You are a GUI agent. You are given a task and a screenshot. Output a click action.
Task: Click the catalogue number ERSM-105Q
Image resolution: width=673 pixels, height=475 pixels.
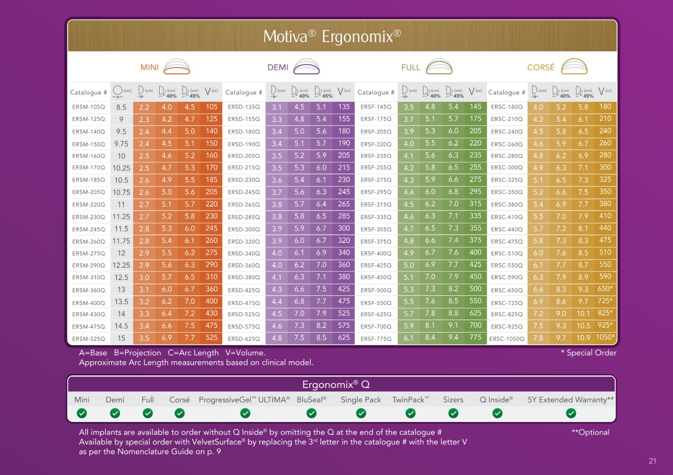pyautogui.click(x=89, y=107)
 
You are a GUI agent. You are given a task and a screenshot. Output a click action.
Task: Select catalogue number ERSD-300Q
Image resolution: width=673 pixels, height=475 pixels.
pyautogui.click(x=244, y=229)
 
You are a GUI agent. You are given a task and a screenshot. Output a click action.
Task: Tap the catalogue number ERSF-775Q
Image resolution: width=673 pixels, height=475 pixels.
pyautogui.click(x=376, y=339)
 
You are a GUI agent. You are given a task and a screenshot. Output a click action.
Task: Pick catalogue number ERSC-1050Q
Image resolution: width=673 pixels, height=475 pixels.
pyautogui.click(x=507, y=339)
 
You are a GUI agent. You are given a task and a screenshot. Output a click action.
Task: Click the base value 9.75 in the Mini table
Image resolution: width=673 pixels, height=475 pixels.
pyautogui.click(x=121, y=144)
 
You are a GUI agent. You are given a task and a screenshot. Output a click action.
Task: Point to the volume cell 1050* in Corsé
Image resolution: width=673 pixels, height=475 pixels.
pyautogui.click(x=605, y=337)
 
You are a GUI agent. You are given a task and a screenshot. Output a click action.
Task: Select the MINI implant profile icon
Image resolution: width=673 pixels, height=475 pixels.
pyautogui.click(x=177, y=66)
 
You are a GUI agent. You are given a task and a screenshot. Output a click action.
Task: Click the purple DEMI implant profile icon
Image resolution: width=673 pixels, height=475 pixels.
pyautogui.click(x=306, y=66)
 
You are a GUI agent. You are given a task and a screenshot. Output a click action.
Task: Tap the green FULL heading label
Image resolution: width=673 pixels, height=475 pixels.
pyautogui.click(x=411, y=67)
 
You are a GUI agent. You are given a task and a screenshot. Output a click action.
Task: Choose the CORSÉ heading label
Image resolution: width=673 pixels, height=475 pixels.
pyautogui.click(x=541, y=67)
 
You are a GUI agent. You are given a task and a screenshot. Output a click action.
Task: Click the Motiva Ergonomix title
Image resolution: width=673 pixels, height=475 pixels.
pyautogui.click(x=332, y=37)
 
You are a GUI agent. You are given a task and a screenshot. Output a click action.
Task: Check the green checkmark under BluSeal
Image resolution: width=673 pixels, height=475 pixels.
pyautogui.click(x=311, y=414)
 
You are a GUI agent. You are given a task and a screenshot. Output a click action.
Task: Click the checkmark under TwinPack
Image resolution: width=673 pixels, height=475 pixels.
pyautogui.click(x=411, y=414)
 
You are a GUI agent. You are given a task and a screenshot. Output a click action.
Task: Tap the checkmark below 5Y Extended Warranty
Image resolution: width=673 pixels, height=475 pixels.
pyautogui.click(x=571, y=414)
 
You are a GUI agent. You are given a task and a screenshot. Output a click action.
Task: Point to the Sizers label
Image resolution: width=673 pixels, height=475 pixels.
pyautogui.click(x=453, y=400)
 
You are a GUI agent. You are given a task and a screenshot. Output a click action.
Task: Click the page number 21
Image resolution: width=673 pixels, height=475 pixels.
pyautogui.click(x=652, y=461)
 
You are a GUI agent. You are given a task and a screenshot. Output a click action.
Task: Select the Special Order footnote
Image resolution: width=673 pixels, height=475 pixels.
pyautogui.click(x=589, y=353)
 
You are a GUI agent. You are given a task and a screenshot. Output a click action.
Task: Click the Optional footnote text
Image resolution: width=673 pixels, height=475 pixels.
pyautogui.click(x=590, y=432)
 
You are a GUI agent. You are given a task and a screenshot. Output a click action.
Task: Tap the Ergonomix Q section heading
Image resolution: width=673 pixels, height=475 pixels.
pyautogui.click(x=336, y=384)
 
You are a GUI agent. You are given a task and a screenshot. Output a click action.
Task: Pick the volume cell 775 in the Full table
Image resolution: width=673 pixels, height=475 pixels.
pyautogui.click(x=475, y=337)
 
